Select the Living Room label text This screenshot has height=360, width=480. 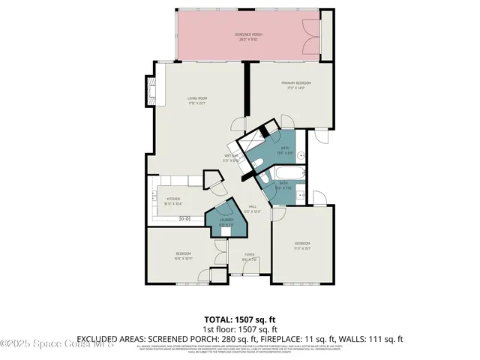[x=197, y=98]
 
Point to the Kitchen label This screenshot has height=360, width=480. [x=175, y=199]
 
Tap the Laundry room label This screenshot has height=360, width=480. [x=226, y=220]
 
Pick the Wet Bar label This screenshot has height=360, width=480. [x=230, y=157]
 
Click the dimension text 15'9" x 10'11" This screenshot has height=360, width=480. [x=184, y=259]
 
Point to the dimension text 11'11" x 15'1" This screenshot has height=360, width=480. [x=302, y=248]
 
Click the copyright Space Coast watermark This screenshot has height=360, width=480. [x=56, y=343]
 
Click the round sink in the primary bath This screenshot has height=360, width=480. [x=300, y=155]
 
